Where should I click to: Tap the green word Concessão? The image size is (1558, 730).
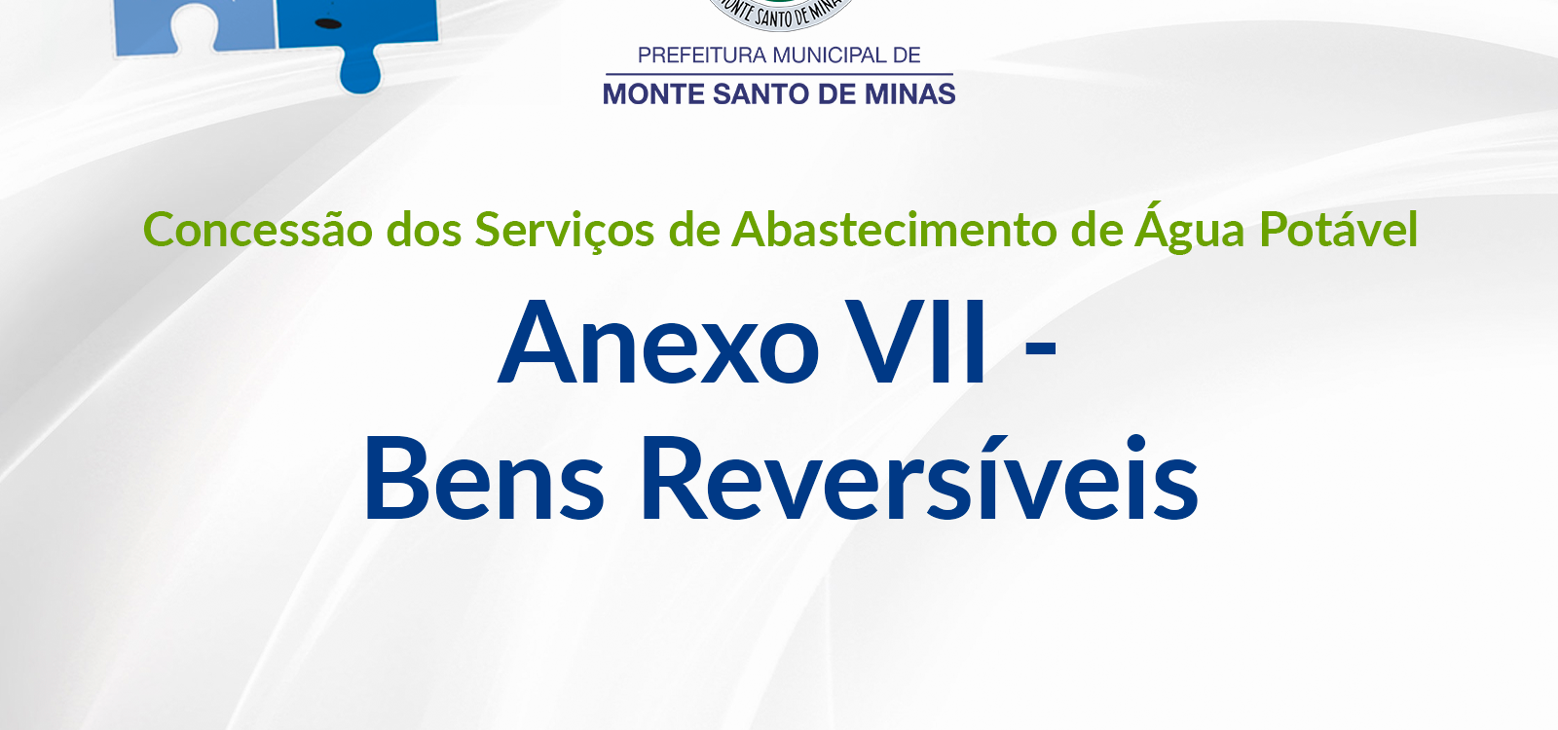tap(258, 230)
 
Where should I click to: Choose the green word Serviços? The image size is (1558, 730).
tap(564, 231)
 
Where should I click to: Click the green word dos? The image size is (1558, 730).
tap(425, 230)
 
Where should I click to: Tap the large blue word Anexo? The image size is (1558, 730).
tap(658, 342)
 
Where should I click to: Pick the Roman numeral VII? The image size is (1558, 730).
tap(917, 342)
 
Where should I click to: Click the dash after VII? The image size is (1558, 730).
tap(1041, 351)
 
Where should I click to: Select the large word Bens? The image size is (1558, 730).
tap(483, 478)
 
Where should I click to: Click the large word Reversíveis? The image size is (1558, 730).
tap(919, 478)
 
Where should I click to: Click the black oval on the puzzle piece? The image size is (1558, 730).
tap(328, 24)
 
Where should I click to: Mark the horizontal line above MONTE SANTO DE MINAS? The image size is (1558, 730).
tap(779, 74)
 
